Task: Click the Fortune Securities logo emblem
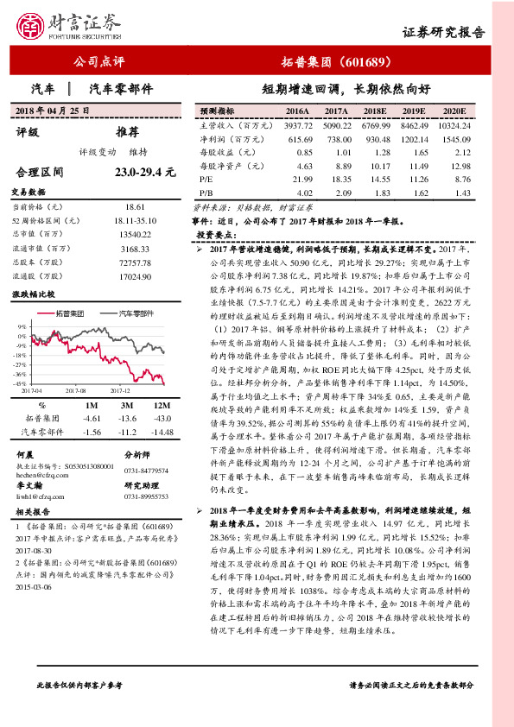click(x=33, y=28)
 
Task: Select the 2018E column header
click(x=376, y=111)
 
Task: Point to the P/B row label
click(x=206, y=192)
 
